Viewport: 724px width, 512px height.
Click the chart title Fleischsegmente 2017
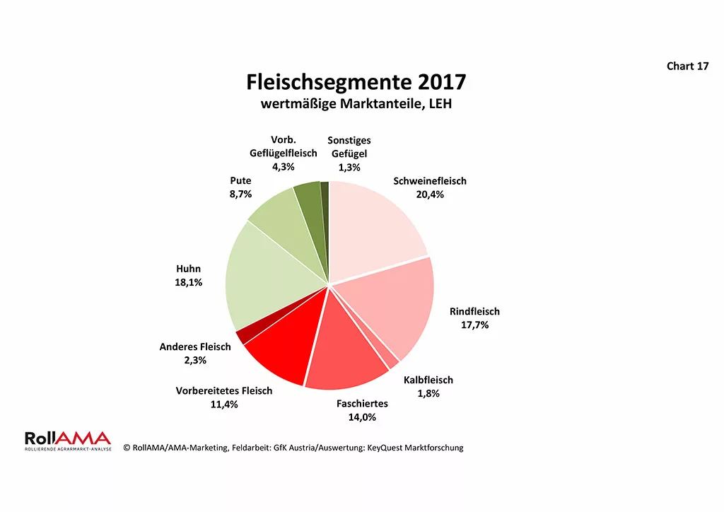[356, 82]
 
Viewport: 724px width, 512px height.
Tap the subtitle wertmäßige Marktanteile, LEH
[356, 105]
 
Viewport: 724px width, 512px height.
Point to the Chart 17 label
[687, 66]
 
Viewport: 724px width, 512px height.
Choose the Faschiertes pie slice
[346, 354]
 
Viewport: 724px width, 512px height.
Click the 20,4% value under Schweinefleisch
[430, 194]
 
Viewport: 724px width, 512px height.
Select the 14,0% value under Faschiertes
[362, 417]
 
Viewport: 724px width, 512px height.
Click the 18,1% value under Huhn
[188, 282]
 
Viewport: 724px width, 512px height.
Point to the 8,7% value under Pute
[240, 194]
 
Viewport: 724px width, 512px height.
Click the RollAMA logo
[67, 441]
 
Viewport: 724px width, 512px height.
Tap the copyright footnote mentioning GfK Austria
[293, 448]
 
